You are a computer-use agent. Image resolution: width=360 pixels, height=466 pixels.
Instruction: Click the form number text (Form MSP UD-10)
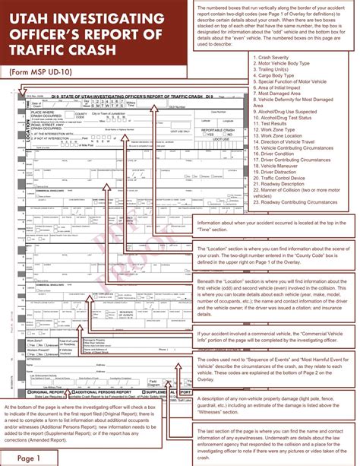point(45,71)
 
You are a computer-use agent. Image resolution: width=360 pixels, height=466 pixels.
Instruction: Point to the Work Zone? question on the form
point(35,339)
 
